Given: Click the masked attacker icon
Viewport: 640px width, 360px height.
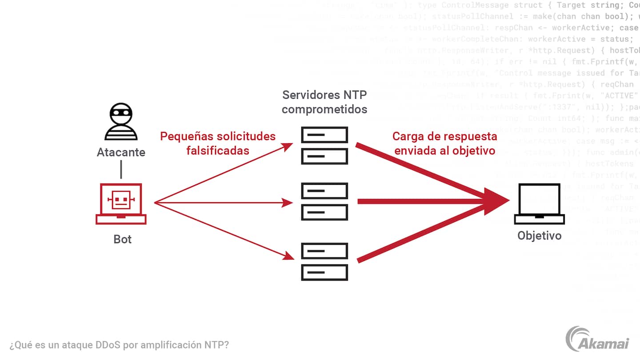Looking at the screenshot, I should [x=121, y=122].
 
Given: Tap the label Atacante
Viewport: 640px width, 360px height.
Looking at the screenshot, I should [x=121, y=152].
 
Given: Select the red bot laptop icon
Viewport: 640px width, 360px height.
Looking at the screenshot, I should [x=121, y=204].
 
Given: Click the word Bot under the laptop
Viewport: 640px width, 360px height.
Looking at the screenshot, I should [x=123, y=239].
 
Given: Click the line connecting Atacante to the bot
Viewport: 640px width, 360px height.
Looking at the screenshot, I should [x=121, y=170].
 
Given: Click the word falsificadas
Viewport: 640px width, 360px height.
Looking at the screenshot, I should [x=218, y=150].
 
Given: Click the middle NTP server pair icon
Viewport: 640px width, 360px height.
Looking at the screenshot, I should [x=324, y=201].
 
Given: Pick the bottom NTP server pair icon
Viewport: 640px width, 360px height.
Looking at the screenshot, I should [x=324, y=261].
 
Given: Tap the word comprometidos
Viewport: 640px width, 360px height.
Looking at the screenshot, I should [x=324, y=109].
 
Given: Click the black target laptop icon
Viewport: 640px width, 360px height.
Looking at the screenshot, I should [x=540, y=204].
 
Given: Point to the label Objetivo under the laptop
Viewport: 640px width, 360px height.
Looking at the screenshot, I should [x=540, y=235].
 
